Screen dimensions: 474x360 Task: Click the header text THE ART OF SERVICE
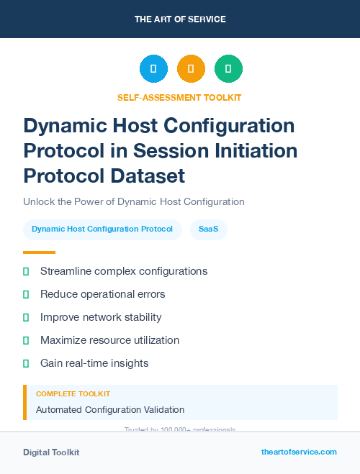180,19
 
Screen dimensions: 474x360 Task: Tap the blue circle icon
153,69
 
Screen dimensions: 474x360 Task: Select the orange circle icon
191,69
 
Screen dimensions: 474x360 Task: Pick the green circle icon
228,69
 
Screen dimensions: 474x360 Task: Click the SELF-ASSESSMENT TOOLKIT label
179,97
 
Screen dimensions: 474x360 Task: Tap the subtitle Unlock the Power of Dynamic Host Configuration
134,201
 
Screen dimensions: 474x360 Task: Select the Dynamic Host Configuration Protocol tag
102,229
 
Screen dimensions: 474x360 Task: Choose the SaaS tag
209,229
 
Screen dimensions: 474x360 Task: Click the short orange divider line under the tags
39,252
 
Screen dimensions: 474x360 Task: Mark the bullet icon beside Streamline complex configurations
26,271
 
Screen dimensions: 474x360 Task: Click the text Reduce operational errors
103,294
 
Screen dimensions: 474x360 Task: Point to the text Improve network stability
101,317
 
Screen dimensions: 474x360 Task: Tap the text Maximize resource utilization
109,340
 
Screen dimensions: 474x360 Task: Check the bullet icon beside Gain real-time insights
26,363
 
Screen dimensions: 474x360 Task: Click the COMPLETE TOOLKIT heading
73,394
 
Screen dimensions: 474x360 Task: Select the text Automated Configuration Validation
110,409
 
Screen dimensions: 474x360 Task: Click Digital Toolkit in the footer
51,452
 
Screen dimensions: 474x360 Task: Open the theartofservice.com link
299,452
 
